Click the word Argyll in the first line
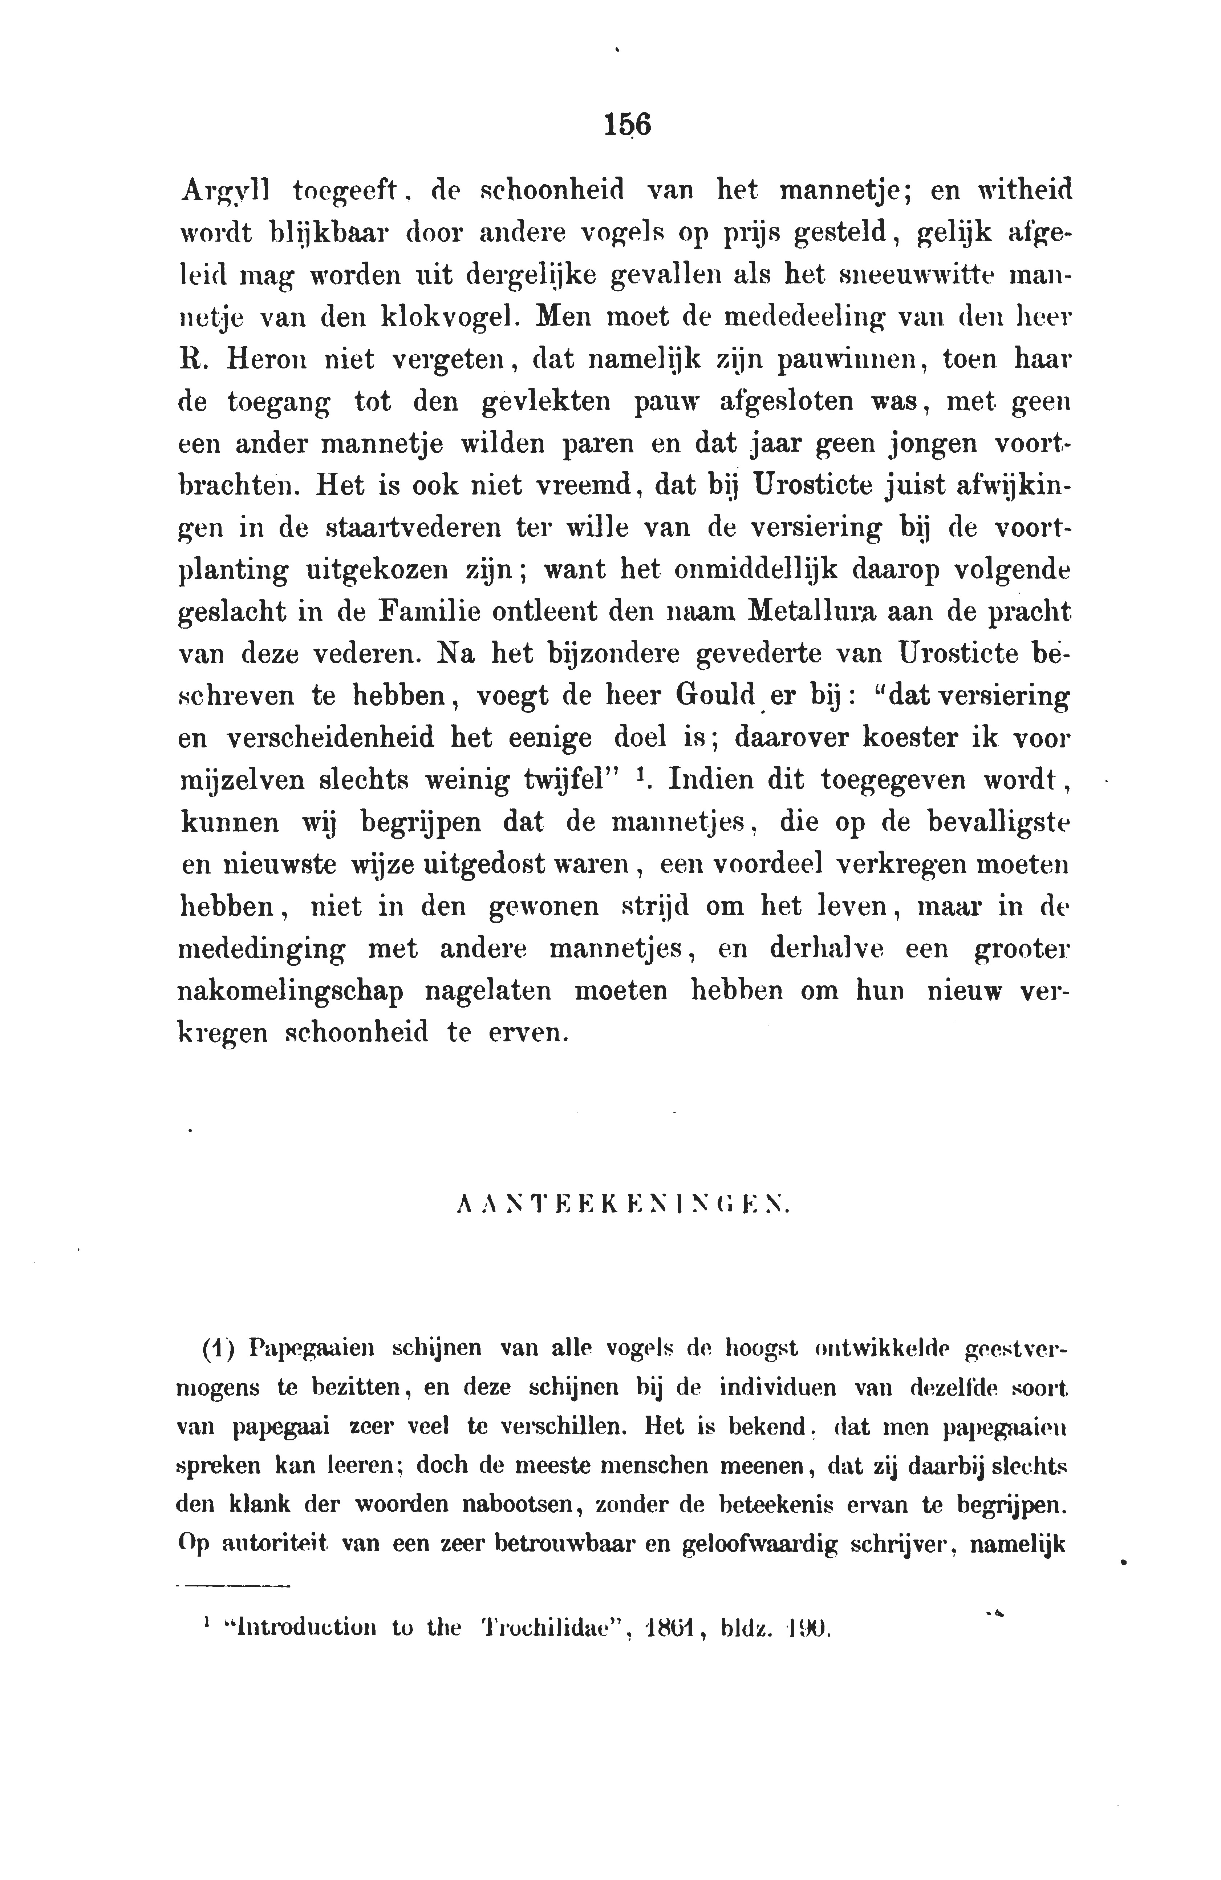point(225,192)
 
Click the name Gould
point(715,697)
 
